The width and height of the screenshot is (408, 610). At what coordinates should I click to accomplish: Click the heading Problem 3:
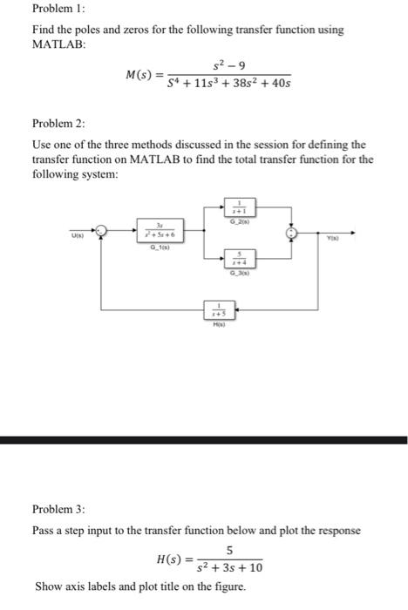pyautogui.click(x=60, y=509)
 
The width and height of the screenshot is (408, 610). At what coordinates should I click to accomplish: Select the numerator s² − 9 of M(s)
pyautogui.click(x=226, y=64)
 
